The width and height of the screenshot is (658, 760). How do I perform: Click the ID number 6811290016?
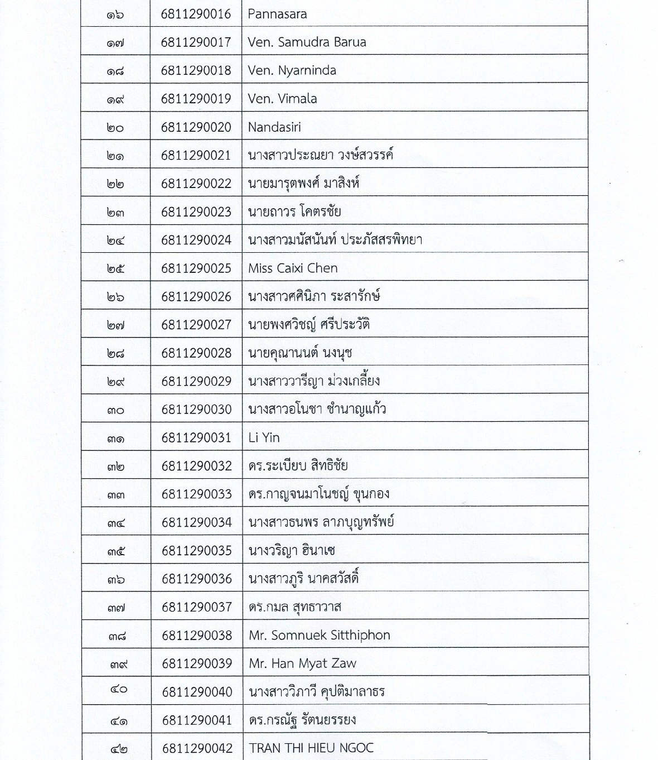click(x=196, y=14)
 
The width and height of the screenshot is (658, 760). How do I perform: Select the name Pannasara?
click(x=277, y=14)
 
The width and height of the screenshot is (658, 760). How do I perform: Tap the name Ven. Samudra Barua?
click(x=307, y=42)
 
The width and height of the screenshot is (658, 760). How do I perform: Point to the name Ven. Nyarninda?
click(x=292, y=70)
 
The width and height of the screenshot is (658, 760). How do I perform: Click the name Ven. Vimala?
click(x=282, y=99)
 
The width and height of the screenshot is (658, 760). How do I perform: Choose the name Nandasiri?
click(x=274, y=127)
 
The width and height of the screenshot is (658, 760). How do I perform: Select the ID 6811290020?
click(x=196, y=127)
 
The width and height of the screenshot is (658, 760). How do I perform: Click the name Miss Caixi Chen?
click(x=293, y=268)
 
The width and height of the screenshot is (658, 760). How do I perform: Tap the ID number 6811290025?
click(x=196, y=268)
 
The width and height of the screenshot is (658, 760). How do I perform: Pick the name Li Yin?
click(x=264, y=437)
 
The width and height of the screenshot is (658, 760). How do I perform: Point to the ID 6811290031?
click(x=196, y=437)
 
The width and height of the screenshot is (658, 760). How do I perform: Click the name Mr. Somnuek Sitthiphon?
click(x=319, y=635)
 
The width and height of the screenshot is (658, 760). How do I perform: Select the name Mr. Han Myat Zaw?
click(x=302, y=663)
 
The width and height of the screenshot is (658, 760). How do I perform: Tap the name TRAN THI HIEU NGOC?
click(x=311, y=748)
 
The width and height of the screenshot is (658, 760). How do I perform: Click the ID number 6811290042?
click(x=197, y=748)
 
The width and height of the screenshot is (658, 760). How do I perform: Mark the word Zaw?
click(x=343, y=663)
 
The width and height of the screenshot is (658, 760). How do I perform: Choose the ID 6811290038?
click(x=197, y=635)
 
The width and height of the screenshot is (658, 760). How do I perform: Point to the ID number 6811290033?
click(x=196, y=494)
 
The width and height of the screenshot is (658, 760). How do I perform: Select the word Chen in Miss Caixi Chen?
click(x=322, y=268)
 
